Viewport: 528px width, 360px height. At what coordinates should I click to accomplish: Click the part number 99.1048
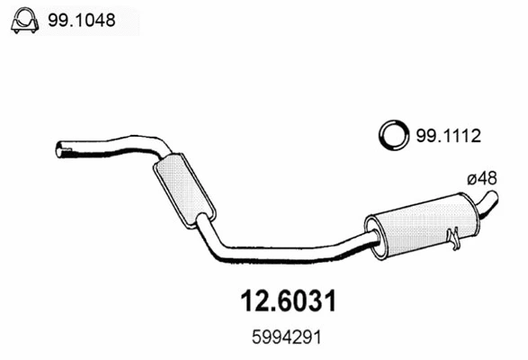tap(82, 20)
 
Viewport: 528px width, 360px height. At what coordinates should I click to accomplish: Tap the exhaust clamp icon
tap(25, 20)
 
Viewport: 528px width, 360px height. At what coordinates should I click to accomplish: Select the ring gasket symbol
tap(394, 135)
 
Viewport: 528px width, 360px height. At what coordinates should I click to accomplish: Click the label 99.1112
tap(449, 136)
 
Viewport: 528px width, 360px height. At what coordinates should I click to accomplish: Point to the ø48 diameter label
tap(482, 178)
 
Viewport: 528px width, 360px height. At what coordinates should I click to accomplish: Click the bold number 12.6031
tap(288, 301)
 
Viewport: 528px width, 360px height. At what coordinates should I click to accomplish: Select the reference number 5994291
tap(287, 337)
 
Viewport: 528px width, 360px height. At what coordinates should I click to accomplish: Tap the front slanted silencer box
tap(184, 191)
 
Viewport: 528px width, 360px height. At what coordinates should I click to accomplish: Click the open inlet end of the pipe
tap(59, 149)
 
